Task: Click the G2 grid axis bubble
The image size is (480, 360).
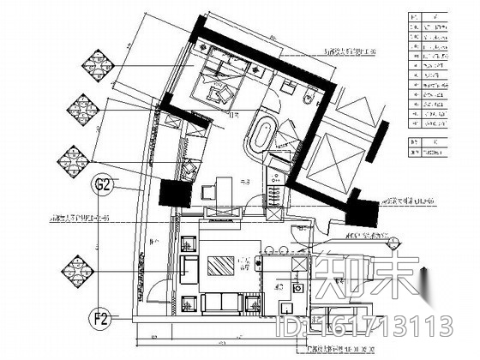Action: (103, 183)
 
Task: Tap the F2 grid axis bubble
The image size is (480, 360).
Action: (101, 322)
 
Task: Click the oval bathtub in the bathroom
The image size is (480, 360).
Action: (261, 136)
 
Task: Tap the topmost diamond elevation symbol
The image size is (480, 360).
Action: (91, 67)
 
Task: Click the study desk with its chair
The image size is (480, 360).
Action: (219, 189)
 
